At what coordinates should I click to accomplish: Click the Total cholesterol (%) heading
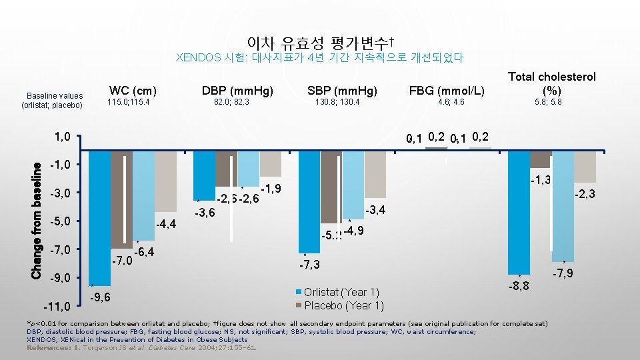pos(552,83)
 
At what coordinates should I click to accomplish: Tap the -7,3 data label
pos(309,265)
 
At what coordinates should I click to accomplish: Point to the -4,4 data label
pos(165,223)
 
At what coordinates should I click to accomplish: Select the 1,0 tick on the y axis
pos(65,137)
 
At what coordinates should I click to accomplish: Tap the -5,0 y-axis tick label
pos(63,221)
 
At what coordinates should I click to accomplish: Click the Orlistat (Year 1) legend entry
pos(341,293)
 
